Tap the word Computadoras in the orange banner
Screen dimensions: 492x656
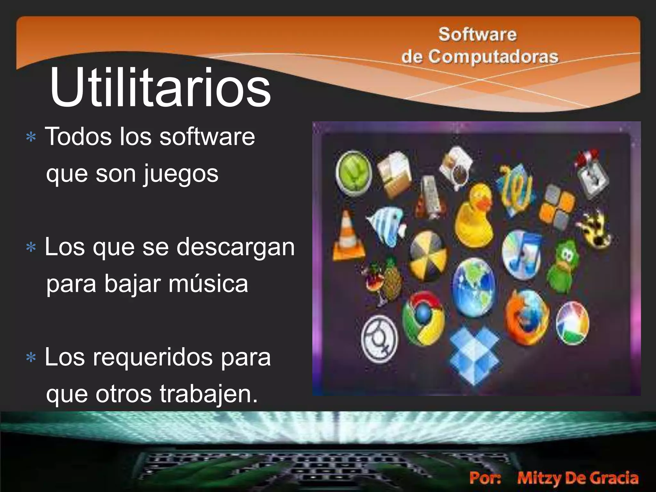[x=493, y=57]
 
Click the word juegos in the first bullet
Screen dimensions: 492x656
[x=181, y=174]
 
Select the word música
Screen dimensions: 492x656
[x=208, y=284]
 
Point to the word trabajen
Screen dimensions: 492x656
[x=208, y=394]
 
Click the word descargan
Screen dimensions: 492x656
[x=235, y=247]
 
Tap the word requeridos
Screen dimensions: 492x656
[x=153, y=357]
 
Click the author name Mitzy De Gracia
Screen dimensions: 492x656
[x=578, y=478]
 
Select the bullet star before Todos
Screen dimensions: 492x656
[x=31, y=138]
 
